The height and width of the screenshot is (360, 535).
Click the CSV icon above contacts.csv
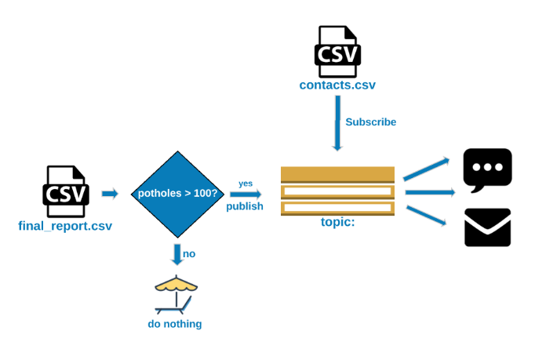(337, 51)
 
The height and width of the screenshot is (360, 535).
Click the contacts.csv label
(337, 85)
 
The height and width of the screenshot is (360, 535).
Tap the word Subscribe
(370, 122)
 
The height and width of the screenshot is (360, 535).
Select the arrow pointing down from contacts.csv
(337, 122)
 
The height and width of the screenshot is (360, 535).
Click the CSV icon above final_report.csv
(66, 191)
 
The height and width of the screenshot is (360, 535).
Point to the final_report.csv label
(65, 226)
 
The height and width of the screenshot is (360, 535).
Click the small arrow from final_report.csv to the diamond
(110, 194)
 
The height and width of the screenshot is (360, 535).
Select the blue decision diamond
(178, 194)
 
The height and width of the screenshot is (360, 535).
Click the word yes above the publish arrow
(246, 184)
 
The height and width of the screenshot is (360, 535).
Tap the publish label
(245, 206)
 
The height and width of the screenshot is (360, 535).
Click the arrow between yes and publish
(246, 195)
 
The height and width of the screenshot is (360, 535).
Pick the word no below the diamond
(189, 253)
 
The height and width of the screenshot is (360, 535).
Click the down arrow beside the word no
(177, 254)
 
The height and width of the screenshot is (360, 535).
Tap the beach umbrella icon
(175, 295)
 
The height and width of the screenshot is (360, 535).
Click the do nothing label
(175, 324)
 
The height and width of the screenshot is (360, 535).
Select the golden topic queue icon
(337, 190)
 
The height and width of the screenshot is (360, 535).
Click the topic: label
(337, 222)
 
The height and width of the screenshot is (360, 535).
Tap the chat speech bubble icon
(487, 169)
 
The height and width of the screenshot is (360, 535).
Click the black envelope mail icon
(487, 227)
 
